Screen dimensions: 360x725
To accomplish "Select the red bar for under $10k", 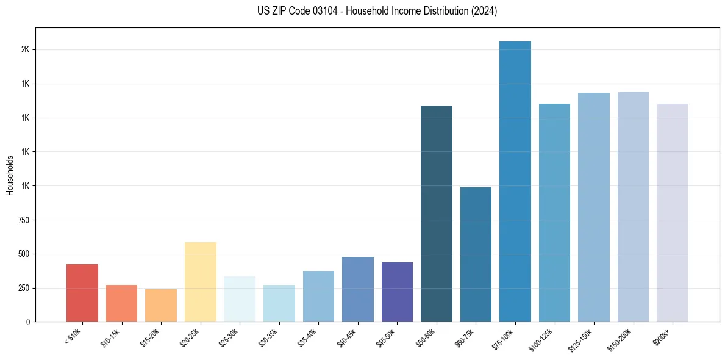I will pos(82,293).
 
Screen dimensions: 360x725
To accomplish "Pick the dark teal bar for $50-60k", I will pos(437,214).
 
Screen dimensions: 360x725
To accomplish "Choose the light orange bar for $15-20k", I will pos(161,305).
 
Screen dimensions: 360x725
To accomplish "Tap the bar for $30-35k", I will pos(279,303).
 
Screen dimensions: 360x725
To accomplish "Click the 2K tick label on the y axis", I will pos(25,49).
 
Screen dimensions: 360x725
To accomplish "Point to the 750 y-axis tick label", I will pos(23,220).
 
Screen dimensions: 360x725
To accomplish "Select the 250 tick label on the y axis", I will pos(23,288).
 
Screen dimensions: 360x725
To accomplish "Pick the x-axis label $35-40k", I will pos(309,336).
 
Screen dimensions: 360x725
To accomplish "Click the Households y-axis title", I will pos(10,175).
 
